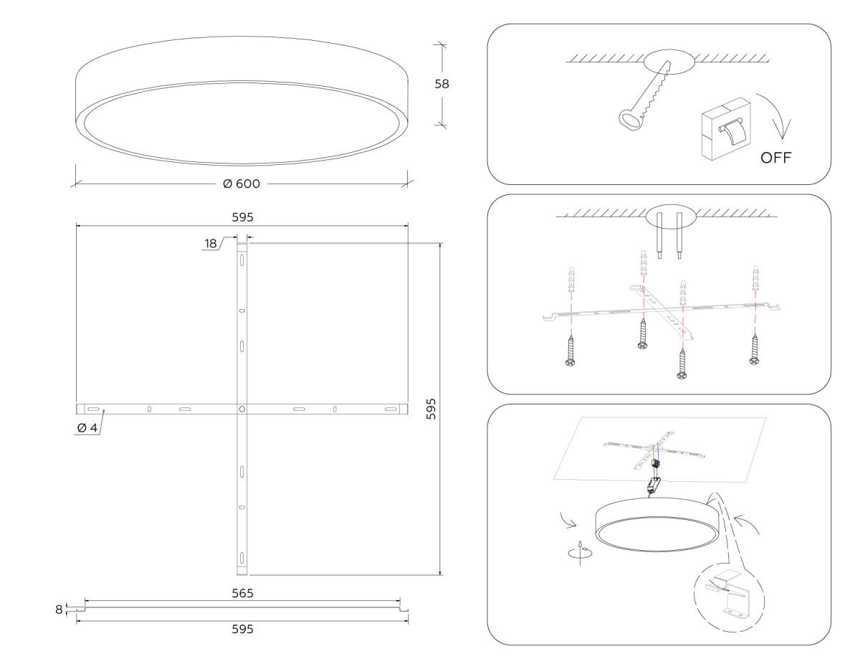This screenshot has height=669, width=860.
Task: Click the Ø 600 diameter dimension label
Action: click(242, 184)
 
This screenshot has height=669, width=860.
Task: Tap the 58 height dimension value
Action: click(441, 84)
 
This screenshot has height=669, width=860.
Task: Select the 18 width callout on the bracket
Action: click(211, 244)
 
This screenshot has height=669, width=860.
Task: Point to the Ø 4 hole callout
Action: click(87, 427)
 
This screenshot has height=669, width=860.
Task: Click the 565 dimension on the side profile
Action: click(242, 593)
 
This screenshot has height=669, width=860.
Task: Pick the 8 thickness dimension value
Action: click(59, 609)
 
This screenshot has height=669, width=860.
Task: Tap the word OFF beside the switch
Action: click(775, 158)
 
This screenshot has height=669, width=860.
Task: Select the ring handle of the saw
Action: click(630, 120)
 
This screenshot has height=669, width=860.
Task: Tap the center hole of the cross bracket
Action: click(242, 409)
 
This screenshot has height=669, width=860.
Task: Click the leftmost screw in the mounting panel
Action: click(570, 351)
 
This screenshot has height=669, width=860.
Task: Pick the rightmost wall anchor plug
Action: click(755, 278)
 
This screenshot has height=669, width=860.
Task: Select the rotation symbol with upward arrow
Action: click(580, 553)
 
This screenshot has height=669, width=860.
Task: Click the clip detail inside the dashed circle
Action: click(728, 599)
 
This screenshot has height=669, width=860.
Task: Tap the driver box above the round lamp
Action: click(654, 484)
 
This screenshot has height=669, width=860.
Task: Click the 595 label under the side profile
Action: click(242, 629)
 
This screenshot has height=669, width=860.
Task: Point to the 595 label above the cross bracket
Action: click(242, 217)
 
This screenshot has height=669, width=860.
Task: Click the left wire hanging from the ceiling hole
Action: click(659, 236)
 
